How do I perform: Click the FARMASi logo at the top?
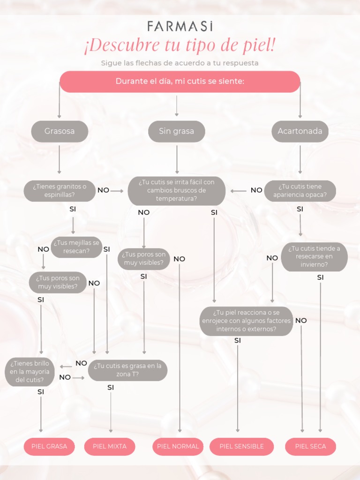tap(180, 26)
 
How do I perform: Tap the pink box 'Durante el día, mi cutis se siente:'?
tap(180, 82)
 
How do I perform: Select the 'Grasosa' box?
tap(60, 131)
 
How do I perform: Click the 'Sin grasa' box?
tap(176, 131)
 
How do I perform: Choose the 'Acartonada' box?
tap(300, 131)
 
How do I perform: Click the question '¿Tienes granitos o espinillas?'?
tap(60, 191)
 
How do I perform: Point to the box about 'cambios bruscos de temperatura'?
tap(176, 190)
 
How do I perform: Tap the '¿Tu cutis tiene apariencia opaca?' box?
tap(300, 191)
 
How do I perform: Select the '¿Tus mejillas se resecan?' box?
tap(76, 247)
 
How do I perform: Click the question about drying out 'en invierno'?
tap(314, 256)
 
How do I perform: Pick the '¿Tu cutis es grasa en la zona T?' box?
tap(127, 370)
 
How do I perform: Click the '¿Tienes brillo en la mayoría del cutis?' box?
tap(30, 372)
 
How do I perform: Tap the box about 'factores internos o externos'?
tap(246, 321)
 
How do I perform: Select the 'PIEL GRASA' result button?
tap(49, 446)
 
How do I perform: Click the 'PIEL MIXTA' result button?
tap(110, 446)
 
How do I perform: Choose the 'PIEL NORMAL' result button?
tap(178, 446)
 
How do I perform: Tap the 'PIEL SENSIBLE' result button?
tap(241, 446)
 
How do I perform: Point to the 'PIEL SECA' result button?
tap(310, 446)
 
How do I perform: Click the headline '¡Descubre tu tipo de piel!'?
tap(180, 45)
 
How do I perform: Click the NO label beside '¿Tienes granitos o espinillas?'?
tap(103, 190)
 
